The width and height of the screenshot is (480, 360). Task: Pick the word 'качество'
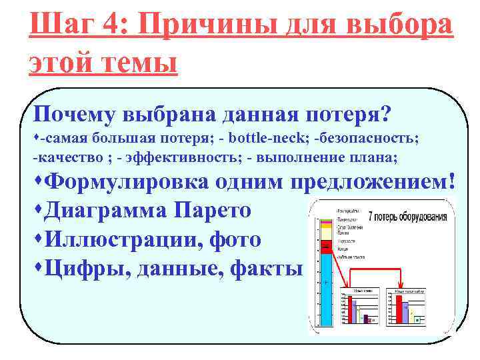[65, 158]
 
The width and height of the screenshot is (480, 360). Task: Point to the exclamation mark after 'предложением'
[453, 181]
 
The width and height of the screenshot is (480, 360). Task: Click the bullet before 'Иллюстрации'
[38, 238]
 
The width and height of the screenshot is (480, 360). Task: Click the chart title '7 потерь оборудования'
[408, 217]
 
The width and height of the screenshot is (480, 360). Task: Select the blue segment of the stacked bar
[326, 293]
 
